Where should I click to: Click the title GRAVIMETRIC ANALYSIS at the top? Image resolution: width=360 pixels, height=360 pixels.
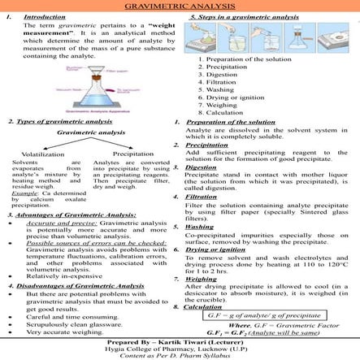click(x=180, y=6)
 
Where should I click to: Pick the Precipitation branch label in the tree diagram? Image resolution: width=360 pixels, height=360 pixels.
click(x=133, y=152)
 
